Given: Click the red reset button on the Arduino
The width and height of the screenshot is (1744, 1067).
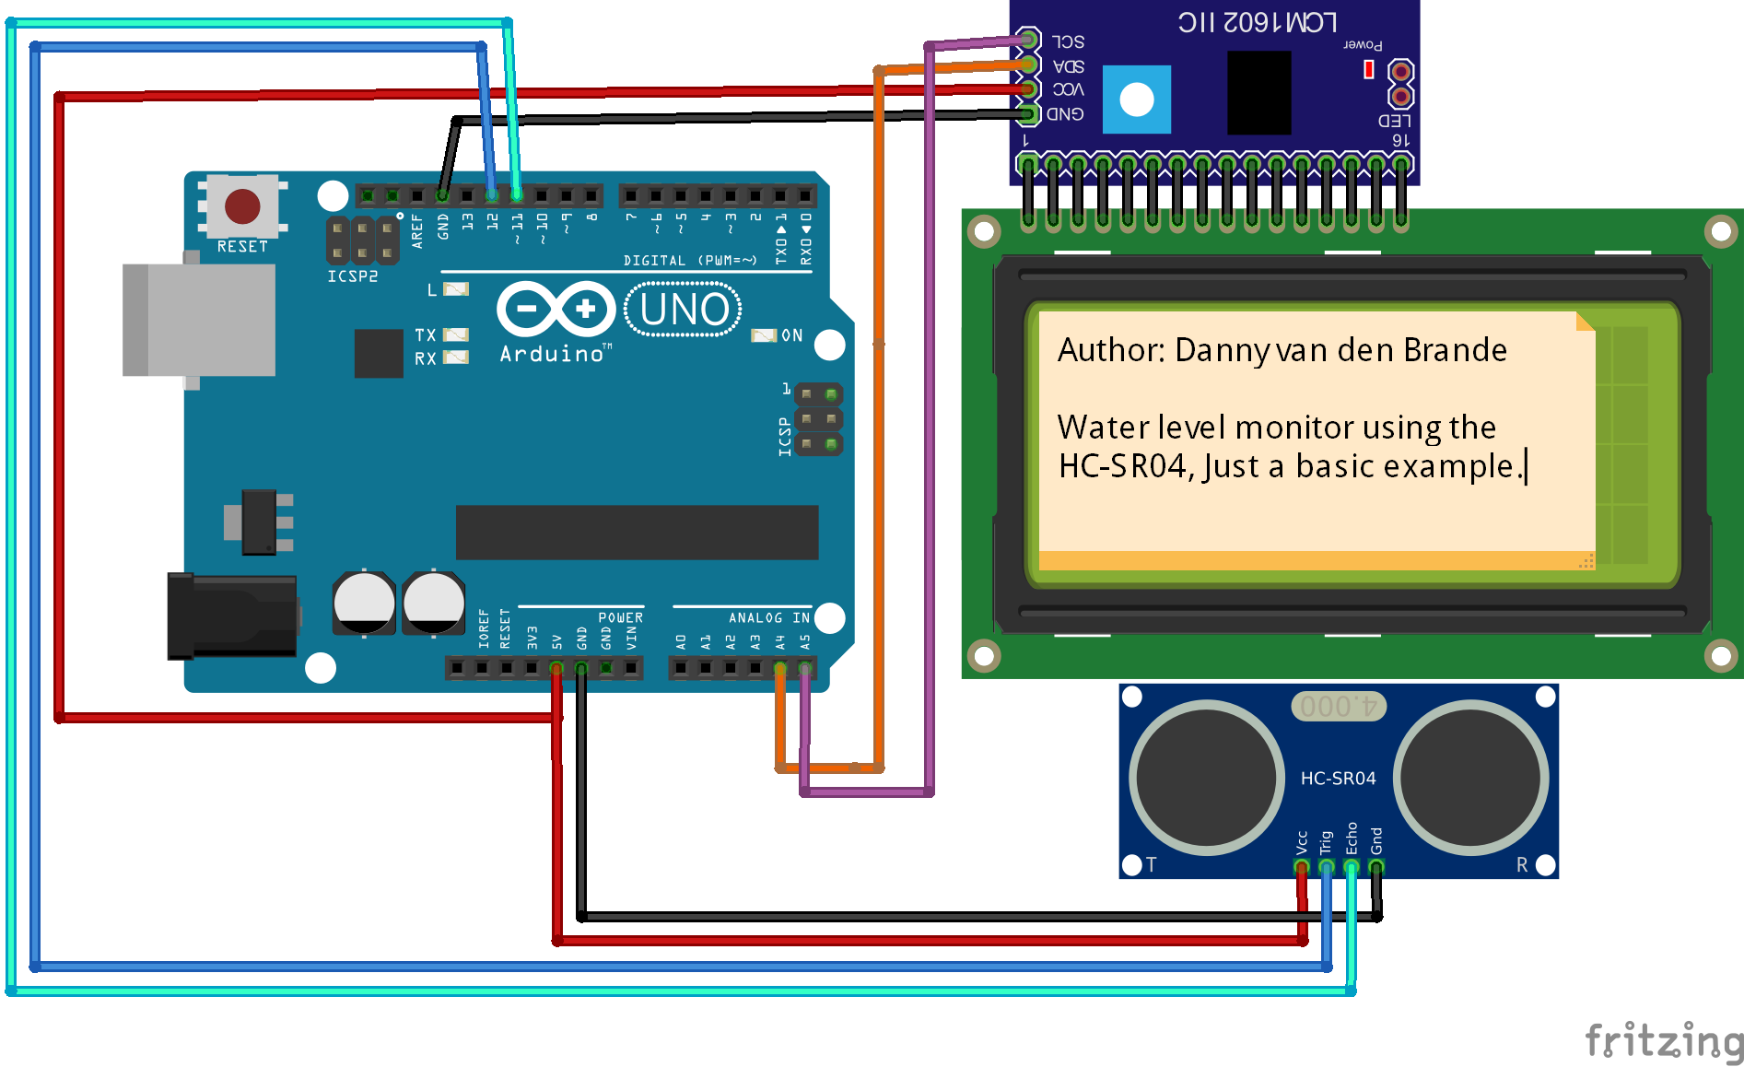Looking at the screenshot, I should pos(242,206).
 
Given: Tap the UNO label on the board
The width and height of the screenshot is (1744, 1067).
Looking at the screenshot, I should pos(684,310).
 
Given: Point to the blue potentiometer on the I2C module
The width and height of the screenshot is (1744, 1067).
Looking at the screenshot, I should pos(1136,100).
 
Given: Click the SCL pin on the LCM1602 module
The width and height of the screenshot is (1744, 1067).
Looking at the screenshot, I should pos(1028,40).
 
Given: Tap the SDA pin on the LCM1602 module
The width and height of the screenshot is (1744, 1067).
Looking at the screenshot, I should pos(1028,64).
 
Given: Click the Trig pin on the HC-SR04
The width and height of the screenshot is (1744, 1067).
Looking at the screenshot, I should pos(1326,866).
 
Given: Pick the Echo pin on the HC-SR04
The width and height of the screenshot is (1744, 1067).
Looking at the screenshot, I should pos(1351,866).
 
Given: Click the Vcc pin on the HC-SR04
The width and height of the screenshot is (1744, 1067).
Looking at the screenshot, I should pos(1301,866).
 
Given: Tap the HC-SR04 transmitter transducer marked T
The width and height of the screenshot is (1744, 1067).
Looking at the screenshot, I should pos(1206,777).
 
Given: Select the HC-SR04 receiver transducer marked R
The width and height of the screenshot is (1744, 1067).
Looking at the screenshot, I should pos(1470,777).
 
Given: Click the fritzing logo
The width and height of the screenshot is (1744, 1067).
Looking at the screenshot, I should pos(1663,1040).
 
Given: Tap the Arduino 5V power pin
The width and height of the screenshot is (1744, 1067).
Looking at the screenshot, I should pos(556,668).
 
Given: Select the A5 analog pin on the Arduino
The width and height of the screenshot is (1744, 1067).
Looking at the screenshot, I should pos(805,668).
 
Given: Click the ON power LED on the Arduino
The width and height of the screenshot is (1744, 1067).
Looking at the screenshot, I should pos(764,335).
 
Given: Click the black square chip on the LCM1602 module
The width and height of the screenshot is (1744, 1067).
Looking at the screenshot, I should pos(1258,93).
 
